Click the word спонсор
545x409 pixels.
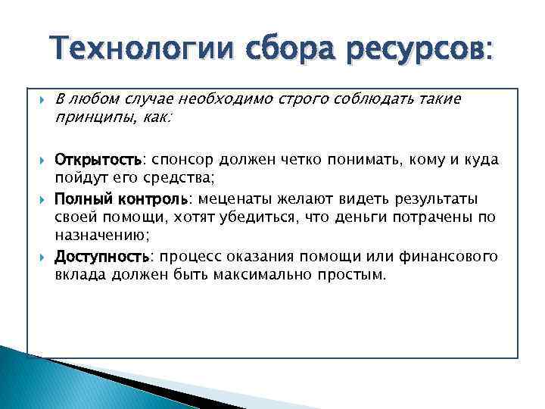[183, 160]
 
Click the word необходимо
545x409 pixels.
[228, 100]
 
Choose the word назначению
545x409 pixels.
[101, 236]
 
